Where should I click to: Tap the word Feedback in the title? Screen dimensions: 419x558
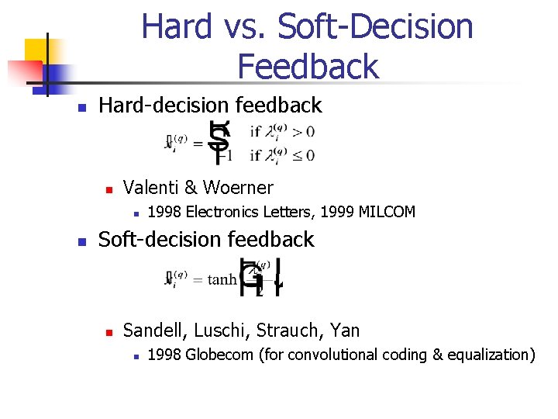click(x=308, y=66)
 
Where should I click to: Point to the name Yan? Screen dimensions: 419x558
click(x=344, y=331)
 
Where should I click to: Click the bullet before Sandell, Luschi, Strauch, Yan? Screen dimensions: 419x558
click(x=110, y=332)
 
